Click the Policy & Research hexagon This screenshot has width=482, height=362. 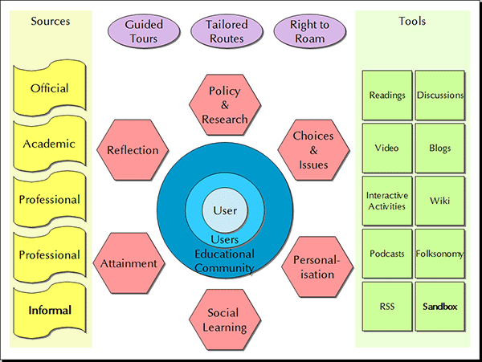pos(224,105)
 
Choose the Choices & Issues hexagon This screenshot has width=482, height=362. pos(313,150)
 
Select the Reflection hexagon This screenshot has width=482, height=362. pos(133,150)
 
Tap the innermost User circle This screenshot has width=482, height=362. pos(226,211)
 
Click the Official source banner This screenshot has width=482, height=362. pos(49,88)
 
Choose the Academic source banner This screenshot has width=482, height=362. pos(49,144)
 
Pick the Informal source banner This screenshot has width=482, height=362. pos(49,311)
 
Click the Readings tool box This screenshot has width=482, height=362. pos(386,95)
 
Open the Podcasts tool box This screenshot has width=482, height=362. pos(386,254)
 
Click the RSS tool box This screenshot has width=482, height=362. pos(386,307)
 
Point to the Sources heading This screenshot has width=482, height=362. pos(51,22)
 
